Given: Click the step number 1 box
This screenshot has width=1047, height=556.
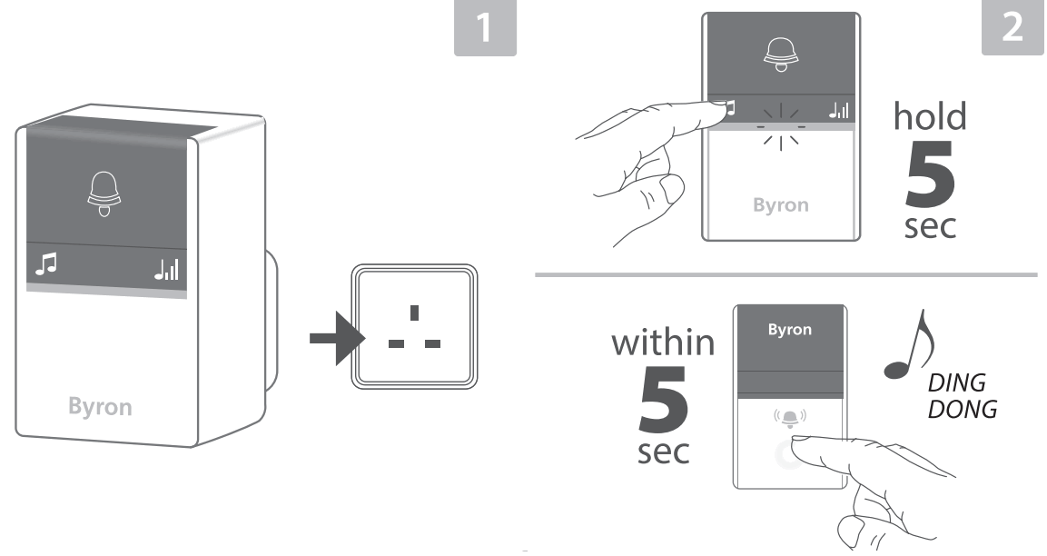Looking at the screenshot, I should [x=486, y=28].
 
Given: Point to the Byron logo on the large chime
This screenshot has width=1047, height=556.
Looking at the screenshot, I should [x=100, y=407].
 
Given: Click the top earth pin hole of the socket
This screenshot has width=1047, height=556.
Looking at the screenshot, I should [x=414, y=313].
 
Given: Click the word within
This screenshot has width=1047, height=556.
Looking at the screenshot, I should [x=662, y=343].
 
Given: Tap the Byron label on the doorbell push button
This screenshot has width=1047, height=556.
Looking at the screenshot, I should [x=789, y=330].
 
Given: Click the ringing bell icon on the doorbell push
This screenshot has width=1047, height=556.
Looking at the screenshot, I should [x=789, y=418].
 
